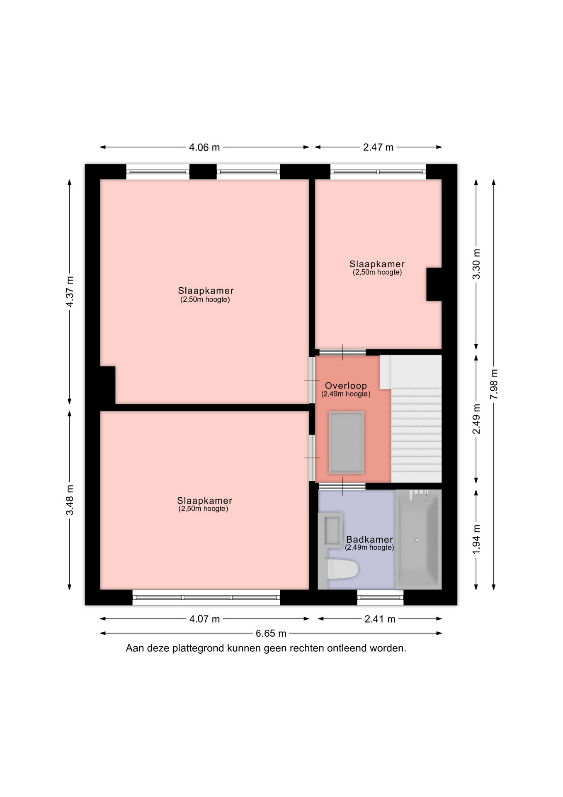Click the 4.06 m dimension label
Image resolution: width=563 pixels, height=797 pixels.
point(204,147)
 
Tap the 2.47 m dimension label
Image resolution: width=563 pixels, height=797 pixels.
point(378,147)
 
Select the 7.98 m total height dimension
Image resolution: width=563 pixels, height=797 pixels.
point(494,384)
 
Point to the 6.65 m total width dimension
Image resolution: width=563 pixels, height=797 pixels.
point(271,633)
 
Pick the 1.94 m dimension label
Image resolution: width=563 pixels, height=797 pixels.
point(476,539)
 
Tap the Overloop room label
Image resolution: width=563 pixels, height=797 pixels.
point(346,386)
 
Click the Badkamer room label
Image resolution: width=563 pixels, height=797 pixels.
point(369,539)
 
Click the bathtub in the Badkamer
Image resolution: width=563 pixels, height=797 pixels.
point(418,539)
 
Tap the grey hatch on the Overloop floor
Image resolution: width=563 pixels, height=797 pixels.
point(346,443)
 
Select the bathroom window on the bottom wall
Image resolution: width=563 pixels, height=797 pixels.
point(380,597)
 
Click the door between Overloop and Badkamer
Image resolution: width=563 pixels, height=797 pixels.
point(342,486)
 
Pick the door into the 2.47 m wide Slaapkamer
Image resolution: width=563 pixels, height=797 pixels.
point(342,352)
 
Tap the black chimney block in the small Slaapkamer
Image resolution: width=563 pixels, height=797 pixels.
point(434,284)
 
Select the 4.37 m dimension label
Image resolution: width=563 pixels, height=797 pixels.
point(70,291)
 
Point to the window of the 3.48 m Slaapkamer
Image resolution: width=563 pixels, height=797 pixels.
point(206,597)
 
